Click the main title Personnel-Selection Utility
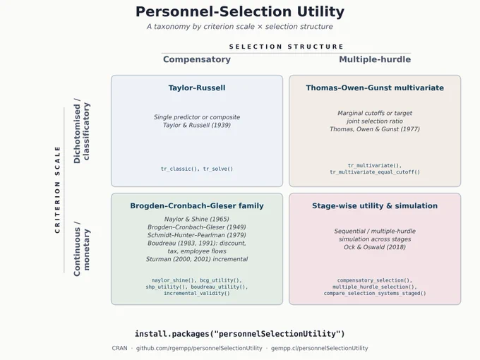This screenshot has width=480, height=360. coord(240,12)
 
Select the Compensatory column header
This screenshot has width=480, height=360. coord(197,59)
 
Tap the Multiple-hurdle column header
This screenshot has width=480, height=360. coord(375,59)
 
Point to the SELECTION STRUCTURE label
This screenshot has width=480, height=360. coord(286,47)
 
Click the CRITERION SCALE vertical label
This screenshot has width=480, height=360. coord(57,190)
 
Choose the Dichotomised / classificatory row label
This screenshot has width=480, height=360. coord(81,131)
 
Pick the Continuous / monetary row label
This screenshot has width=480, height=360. coord(81,248)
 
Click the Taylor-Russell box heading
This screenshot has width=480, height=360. coord(197,88)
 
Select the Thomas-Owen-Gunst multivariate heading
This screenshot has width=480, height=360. coord(375,88)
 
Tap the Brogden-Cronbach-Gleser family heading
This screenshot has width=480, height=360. coord(197,205)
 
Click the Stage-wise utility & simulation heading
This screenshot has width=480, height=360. coord(375,205)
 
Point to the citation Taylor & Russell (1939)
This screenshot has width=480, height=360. coord(197,125)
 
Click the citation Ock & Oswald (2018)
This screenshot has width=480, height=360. coord(375,247)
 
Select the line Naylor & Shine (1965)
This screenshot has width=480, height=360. coord(197,220)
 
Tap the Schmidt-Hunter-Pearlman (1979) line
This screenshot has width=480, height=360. coord(197,235)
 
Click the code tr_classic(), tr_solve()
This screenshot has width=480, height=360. coord(197,169)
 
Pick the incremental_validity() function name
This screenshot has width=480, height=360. coord(197,293)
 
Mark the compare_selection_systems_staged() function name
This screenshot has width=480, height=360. coord(375,293)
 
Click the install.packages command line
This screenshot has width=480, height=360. coord(240,334)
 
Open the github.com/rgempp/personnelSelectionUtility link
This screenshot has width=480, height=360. coord(199,349)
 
